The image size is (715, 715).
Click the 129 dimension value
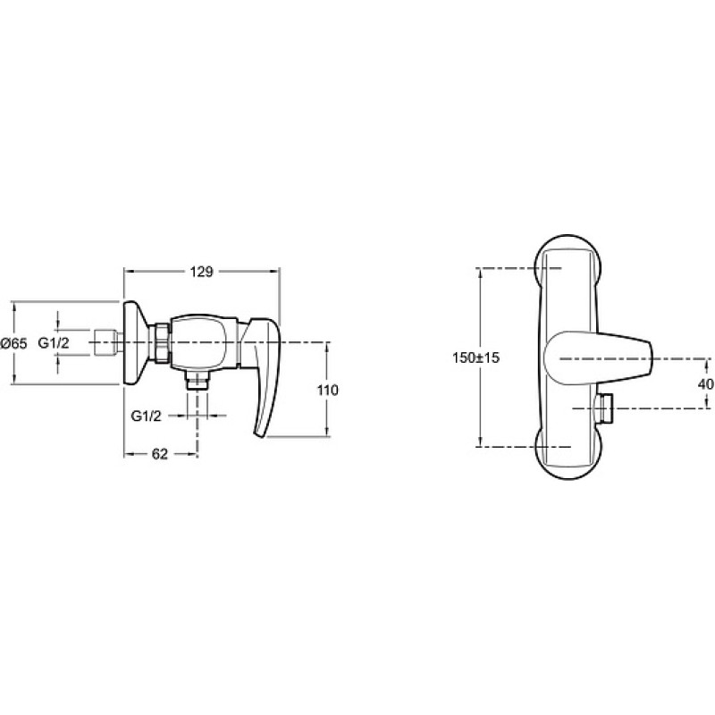coord(202,272)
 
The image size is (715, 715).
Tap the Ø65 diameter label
coord(13,344)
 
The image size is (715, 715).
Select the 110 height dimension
coord(328,391)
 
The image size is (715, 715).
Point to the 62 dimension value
coord(160,454)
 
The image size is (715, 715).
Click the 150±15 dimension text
coord(475,358)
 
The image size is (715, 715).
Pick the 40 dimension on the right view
coord(707,384)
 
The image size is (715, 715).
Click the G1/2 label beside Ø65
coord(54,343)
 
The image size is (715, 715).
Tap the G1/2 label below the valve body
coord(146,416)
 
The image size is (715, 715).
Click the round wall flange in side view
coord(136,343)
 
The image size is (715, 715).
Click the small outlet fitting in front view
coord(605,408)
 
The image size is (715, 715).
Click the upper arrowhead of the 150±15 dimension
coord(479,273)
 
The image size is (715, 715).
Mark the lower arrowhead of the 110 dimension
coord(326,431)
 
